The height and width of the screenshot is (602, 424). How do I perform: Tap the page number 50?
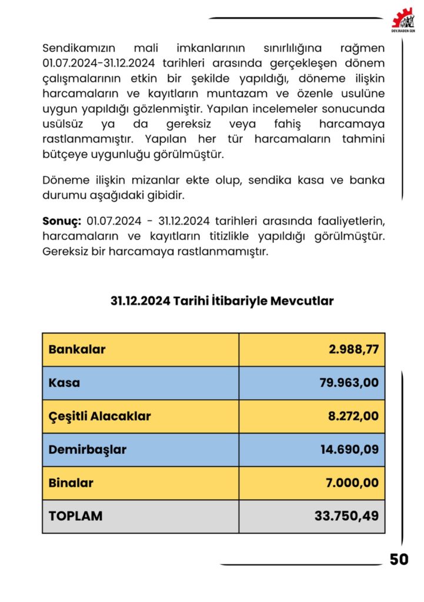coord(399,560)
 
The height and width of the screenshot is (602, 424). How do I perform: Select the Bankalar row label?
coord(77,350)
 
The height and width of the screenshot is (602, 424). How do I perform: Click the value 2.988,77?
coord(354,350)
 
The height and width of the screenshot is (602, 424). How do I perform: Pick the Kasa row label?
coord(64,383)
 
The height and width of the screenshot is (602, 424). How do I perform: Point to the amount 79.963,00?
coord(350,383)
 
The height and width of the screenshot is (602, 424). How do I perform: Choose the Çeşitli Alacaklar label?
coord(99,417)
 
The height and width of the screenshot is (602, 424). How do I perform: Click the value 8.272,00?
coord(353,417)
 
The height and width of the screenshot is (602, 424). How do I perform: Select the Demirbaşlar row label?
coord(87,450)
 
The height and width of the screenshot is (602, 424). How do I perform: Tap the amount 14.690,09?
coord(350,450)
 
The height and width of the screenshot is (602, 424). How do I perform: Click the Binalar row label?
coord(71,483)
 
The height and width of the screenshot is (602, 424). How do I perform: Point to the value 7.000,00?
coord(353,483)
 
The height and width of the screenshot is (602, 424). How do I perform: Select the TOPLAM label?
coord(75,516)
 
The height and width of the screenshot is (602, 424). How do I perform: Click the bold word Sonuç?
coord(61,221)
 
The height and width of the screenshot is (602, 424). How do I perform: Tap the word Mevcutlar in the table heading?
coord(302,302)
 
